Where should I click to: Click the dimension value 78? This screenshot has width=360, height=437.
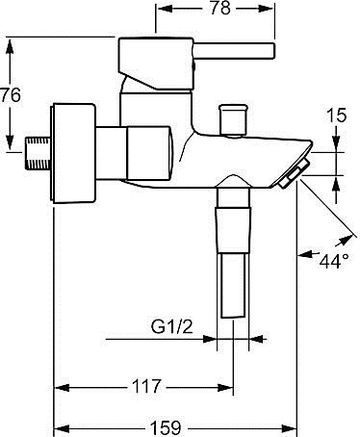click(220, 9)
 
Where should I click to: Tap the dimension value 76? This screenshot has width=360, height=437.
click(11, 95)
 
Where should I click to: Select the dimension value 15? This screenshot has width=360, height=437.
click(337, 116)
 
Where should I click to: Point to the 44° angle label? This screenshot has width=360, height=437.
click(334, 261)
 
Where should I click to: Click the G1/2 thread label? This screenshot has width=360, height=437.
click(172, 327)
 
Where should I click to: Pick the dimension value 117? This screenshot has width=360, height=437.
click(146, 386)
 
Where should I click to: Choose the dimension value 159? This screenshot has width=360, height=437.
click(166, 427)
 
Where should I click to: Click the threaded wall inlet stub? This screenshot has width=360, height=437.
click(38, 153)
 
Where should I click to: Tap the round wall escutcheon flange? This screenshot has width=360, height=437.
click(73, 153)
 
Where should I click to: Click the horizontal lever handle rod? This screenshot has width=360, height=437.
click(234, 51)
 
